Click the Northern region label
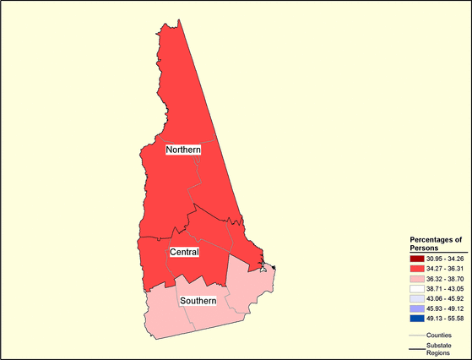[x=183, y=150]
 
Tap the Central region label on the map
[x=184, y=253]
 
